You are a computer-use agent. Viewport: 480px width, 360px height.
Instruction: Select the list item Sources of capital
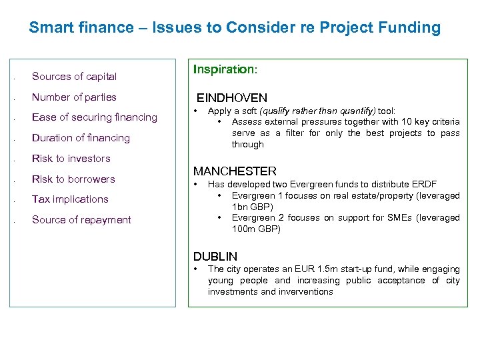pos(74,77)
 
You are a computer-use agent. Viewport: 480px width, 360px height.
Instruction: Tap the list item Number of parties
pos(74,97)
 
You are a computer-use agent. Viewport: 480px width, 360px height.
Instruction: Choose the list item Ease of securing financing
pos(95,117)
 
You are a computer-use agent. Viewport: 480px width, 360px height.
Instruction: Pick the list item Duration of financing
pos(81,138)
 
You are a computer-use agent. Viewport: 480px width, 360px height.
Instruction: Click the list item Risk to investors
pos(71,159)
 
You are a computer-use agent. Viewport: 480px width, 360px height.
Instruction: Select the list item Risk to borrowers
pos(73,179)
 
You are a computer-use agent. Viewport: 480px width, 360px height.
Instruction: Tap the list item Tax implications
pos(70,199)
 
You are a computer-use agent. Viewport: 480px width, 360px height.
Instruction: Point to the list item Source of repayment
pos(81,220)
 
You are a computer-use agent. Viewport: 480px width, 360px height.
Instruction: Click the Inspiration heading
pos(224,69)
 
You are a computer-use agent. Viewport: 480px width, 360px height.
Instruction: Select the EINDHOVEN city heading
pos(231,98)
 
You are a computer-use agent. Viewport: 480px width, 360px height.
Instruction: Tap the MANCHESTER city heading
pos(235,171)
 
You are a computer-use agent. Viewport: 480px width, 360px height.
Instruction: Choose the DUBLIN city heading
pos(215,256)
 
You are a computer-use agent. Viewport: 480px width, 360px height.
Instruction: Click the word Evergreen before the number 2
pos(254,218)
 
